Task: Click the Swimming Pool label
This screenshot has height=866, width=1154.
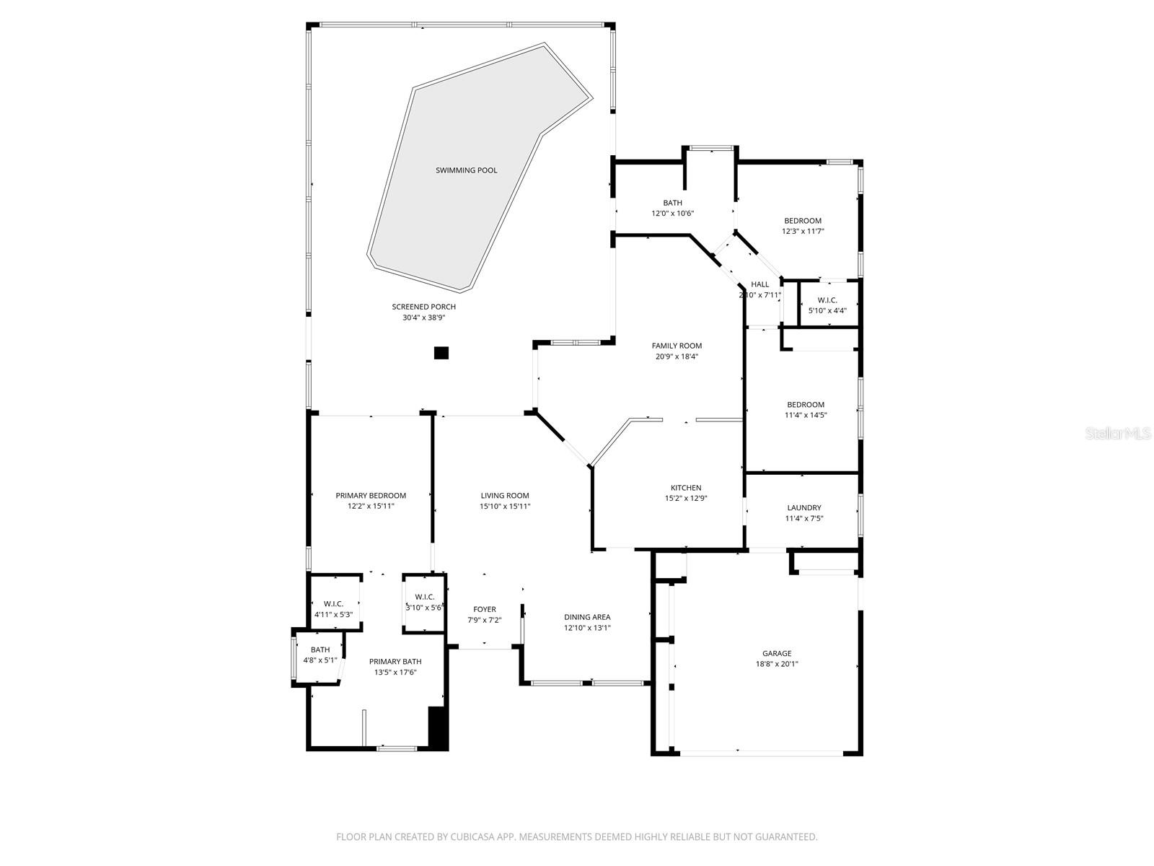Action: pos(466,170)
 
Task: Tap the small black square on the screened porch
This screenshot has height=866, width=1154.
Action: pos(441,353)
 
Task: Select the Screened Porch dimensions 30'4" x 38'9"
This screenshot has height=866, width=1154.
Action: pos(428,318)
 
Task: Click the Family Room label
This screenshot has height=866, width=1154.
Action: pos(677,346)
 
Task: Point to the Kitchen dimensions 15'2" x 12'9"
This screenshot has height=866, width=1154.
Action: pos(685,498)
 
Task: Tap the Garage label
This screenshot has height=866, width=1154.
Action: pos(777,654)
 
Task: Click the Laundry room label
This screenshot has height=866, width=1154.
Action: pos(803,508)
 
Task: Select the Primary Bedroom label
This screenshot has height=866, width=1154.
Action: pos(371,496)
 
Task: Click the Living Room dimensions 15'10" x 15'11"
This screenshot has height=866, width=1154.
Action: pos(505,506)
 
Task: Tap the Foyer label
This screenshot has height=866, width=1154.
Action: pos(484,610)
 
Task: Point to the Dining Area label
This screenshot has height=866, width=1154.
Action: pos(587,617)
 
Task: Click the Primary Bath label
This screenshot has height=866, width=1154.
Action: pos(395,662)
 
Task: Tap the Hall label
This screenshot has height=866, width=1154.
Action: pos(760,284)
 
